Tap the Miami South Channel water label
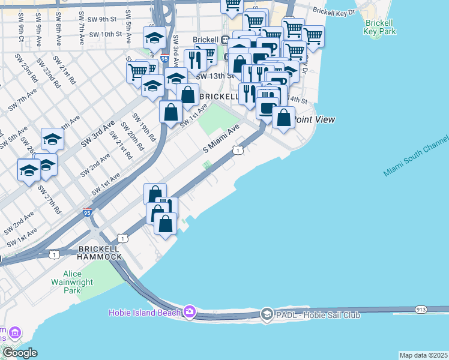click(415, 155)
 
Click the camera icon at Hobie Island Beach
click(190, 311)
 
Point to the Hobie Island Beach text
click(146, 312)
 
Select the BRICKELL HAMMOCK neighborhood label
click(100, 252)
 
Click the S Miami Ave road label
click(221, 139)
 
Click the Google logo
click(20, 352)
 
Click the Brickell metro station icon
click(224, 40)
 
